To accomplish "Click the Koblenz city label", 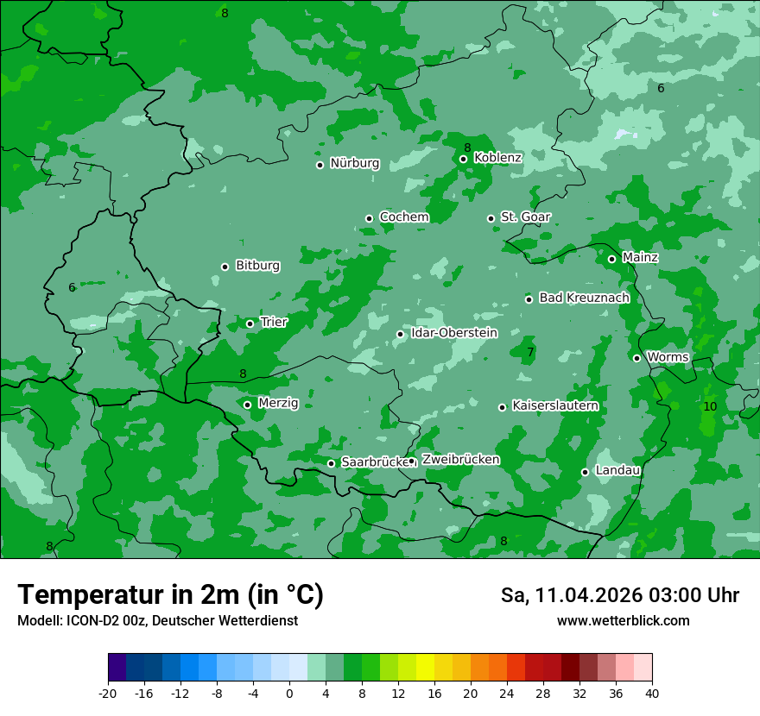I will coord(497,158).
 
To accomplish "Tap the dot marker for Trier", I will coord(250,323).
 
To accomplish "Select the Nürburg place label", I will coord(354,163).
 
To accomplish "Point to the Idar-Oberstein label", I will coord(453,333).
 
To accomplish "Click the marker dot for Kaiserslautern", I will coord(502,407).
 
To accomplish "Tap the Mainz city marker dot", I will coord(611,259).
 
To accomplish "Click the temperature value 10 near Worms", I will coord(710,406).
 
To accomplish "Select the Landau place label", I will coord(617,470).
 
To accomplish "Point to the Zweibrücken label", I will coord(460,460).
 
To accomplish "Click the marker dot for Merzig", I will coord(247,405).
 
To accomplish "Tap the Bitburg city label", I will coord(257,266).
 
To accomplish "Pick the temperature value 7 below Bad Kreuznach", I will coord(530,352).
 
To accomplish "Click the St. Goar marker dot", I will coord(491,218).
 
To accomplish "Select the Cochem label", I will coord(403,217).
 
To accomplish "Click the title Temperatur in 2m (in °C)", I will coord(170,594).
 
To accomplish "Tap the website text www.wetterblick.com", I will coord(623,621).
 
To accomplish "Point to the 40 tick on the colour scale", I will coord(652,693).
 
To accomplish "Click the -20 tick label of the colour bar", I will coord(108,693).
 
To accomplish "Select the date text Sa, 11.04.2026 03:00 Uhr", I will coord(619,595).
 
